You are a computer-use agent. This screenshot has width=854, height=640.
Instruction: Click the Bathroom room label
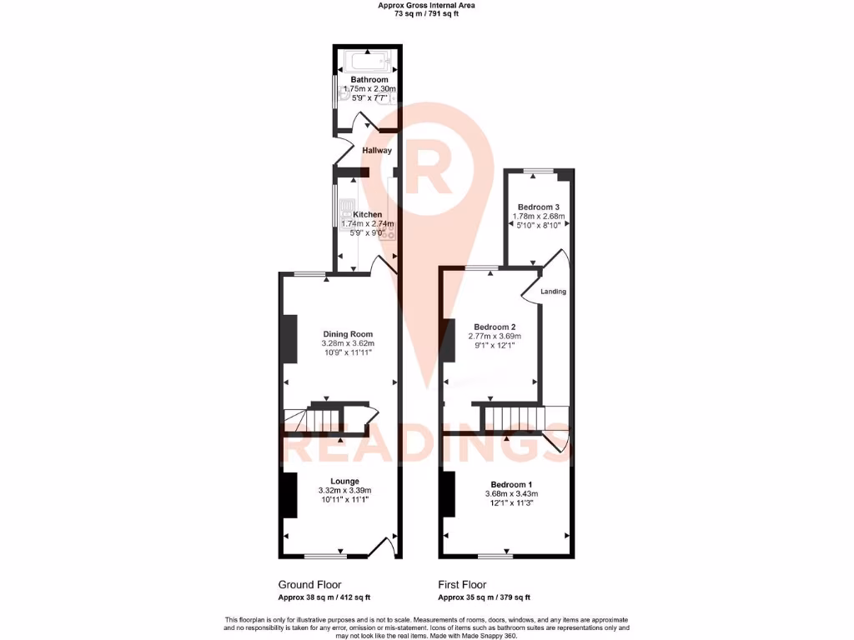point(369,80)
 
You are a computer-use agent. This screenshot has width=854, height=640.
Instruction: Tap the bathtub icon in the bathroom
point(368,62)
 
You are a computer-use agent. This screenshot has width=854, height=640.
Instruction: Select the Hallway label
point(376,151)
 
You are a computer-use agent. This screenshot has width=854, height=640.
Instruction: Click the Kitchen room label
point(367,214)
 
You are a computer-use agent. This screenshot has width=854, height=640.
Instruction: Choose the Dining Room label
point(348,334)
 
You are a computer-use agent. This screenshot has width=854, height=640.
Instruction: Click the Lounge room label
point(344,481)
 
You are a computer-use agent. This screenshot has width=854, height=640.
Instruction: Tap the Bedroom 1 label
point(511,485)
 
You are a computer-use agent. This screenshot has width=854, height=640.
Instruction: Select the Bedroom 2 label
point(495,327)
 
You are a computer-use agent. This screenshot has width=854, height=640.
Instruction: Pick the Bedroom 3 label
point(538,207)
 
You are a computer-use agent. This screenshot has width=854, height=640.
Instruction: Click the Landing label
point(554,292)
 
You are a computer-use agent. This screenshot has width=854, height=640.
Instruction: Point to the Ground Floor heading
point(309,585)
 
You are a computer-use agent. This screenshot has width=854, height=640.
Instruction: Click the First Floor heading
point(462,585)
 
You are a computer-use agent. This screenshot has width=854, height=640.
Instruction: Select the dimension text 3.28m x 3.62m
point(348,343)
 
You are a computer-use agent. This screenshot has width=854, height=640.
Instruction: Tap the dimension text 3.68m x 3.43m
point(511,494)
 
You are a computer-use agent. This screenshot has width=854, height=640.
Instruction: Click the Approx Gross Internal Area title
point(427,5)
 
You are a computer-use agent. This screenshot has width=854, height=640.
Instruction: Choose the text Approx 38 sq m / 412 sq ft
point(324,597)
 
